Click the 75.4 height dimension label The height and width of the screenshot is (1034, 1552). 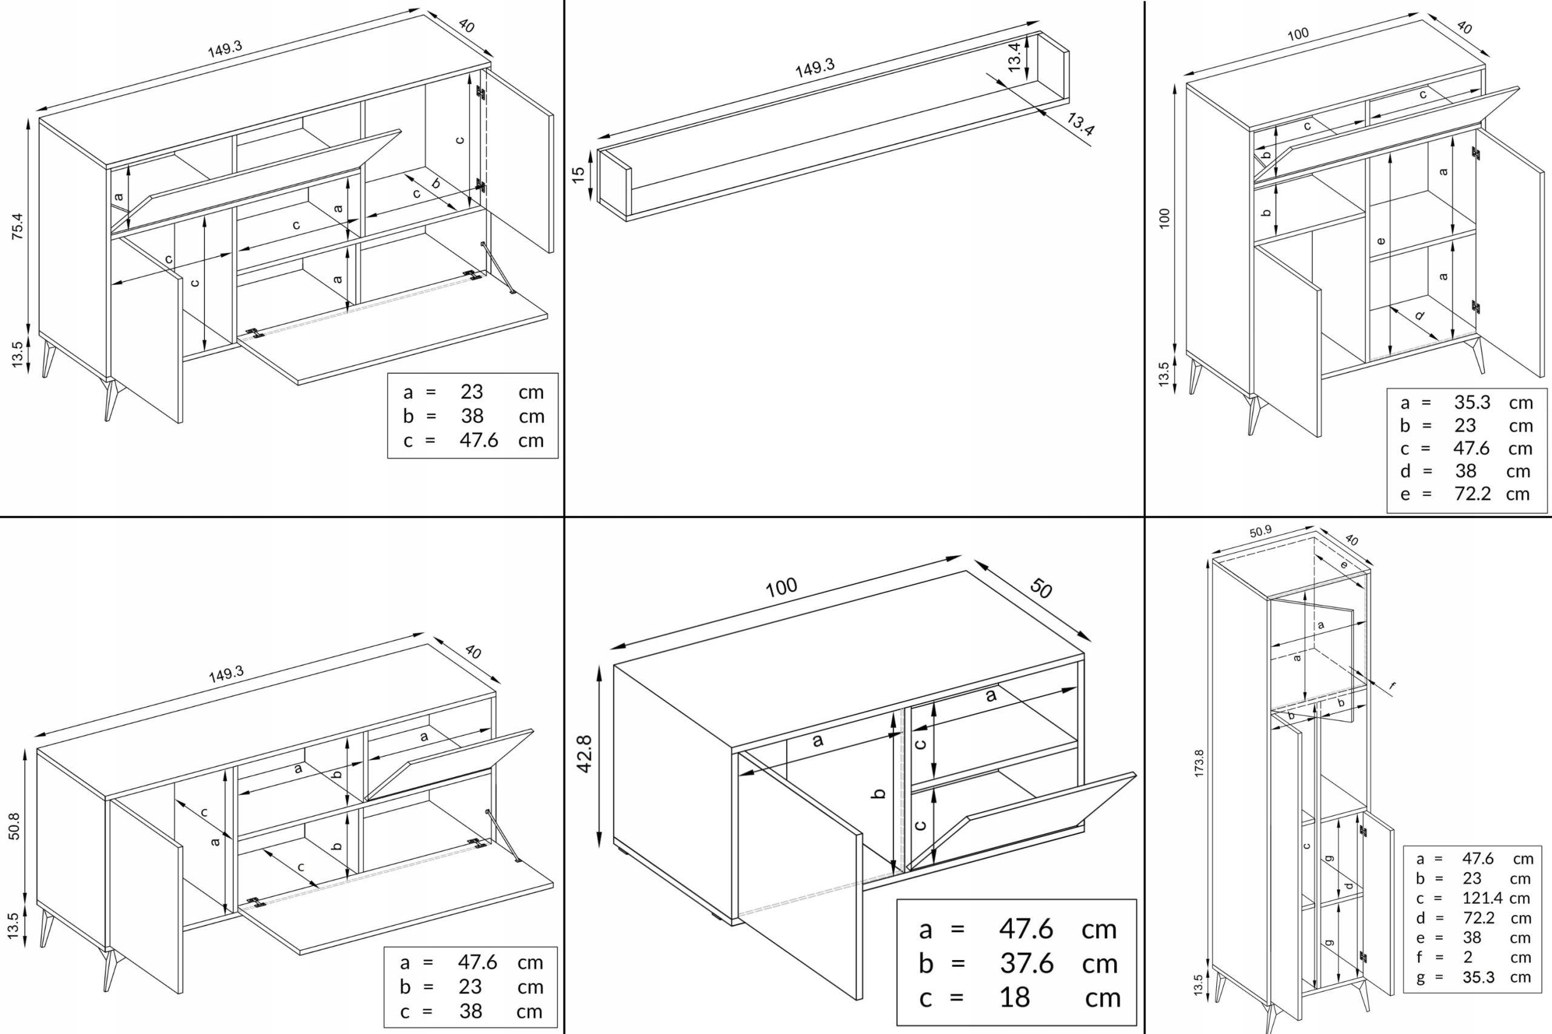click(x=17, y=226)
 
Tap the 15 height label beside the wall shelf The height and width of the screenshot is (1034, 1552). click(x=578, y=174)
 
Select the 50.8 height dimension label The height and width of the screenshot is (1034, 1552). click(x=14, y=826)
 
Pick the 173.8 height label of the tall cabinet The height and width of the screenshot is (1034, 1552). click(x=1199, y=762)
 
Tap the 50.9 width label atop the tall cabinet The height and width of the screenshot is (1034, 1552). click(x=1260, y=531)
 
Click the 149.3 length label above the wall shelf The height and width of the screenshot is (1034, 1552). click(x=815, y=67)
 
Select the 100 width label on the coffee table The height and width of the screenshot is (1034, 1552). click(x=781, y=587)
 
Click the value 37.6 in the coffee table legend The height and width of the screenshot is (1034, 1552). click(x=1026, y=964)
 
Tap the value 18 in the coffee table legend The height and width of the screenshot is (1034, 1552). click(x=1014, y=998)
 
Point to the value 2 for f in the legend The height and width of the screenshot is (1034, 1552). click(x=1468, y=957)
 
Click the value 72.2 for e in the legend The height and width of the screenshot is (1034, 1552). click(x=1472, y=493)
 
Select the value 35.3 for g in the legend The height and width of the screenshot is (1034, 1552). click(x=1479, y=977)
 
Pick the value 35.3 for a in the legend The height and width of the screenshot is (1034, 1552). click(x=1472, y=402)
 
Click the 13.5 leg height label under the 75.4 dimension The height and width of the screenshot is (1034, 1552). click(x=17, y=353)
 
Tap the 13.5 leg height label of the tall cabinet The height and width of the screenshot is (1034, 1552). click(x=1199, y=987)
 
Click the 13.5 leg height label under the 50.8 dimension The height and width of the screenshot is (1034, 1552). click(x=14, y=926)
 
